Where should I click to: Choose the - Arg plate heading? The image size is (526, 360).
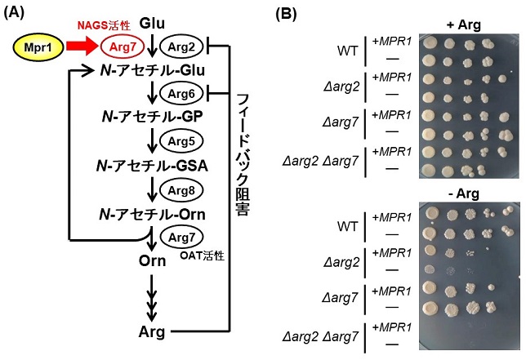466,193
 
